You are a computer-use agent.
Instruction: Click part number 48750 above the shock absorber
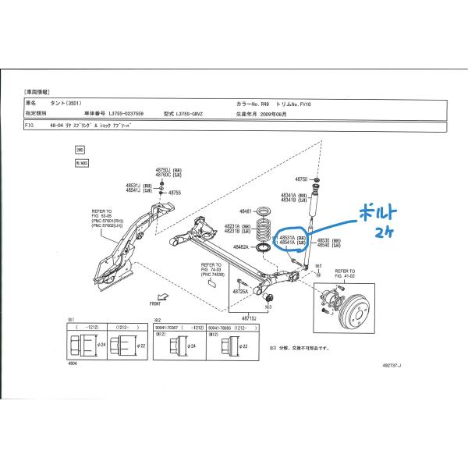(300, 179)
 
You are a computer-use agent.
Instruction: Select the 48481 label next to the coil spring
(246, 211)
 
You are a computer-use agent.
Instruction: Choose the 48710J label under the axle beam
(248, 318)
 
